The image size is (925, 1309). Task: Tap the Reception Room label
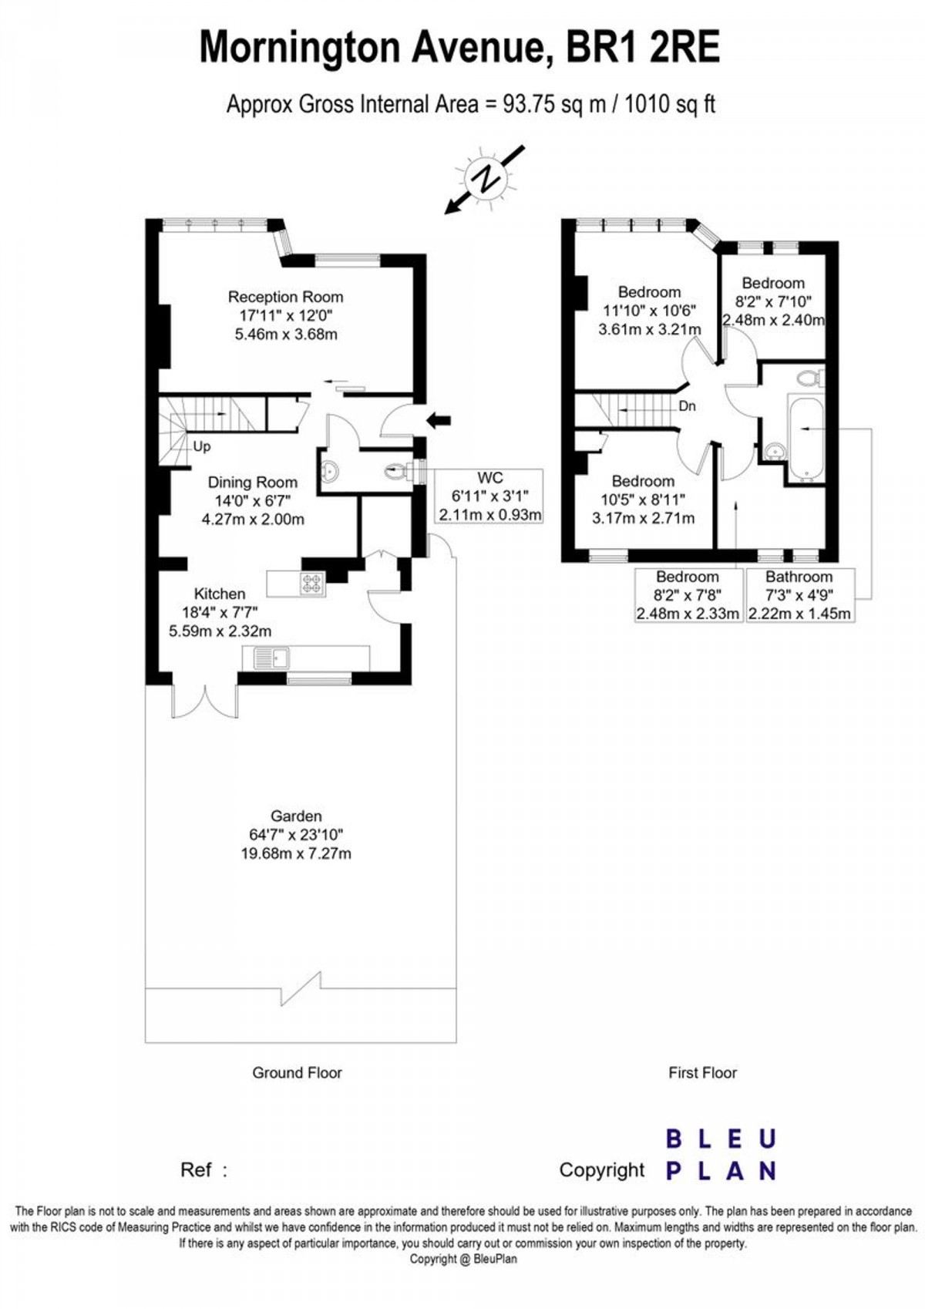pyautogui.click(x=285, y=297)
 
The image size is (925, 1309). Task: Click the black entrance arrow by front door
pyautogui.click(x=439, y=420)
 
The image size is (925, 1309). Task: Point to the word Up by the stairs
pyautogui.click(x=202, y=446)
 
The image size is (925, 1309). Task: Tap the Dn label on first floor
pyautogui.click(x=687, y=406)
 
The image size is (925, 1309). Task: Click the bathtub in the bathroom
pyautogui.click(x=806, y=437)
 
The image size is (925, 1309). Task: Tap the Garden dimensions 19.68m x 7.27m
pyautogui.click(x=296, y=853)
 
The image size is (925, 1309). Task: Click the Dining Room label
pyautogui.click(x=252, y=483)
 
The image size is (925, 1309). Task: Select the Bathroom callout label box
pyautogui.click(x=799, y=595)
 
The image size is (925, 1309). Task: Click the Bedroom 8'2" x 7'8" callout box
pyautogui.click(x=688, y=595)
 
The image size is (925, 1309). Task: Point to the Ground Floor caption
pyautogui.click(x=297, y=1072)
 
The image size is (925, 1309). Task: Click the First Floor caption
pyautogui.click(x=702, y=1072)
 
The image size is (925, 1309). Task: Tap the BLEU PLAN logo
pyautogui.click(x=720, y=1155)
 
